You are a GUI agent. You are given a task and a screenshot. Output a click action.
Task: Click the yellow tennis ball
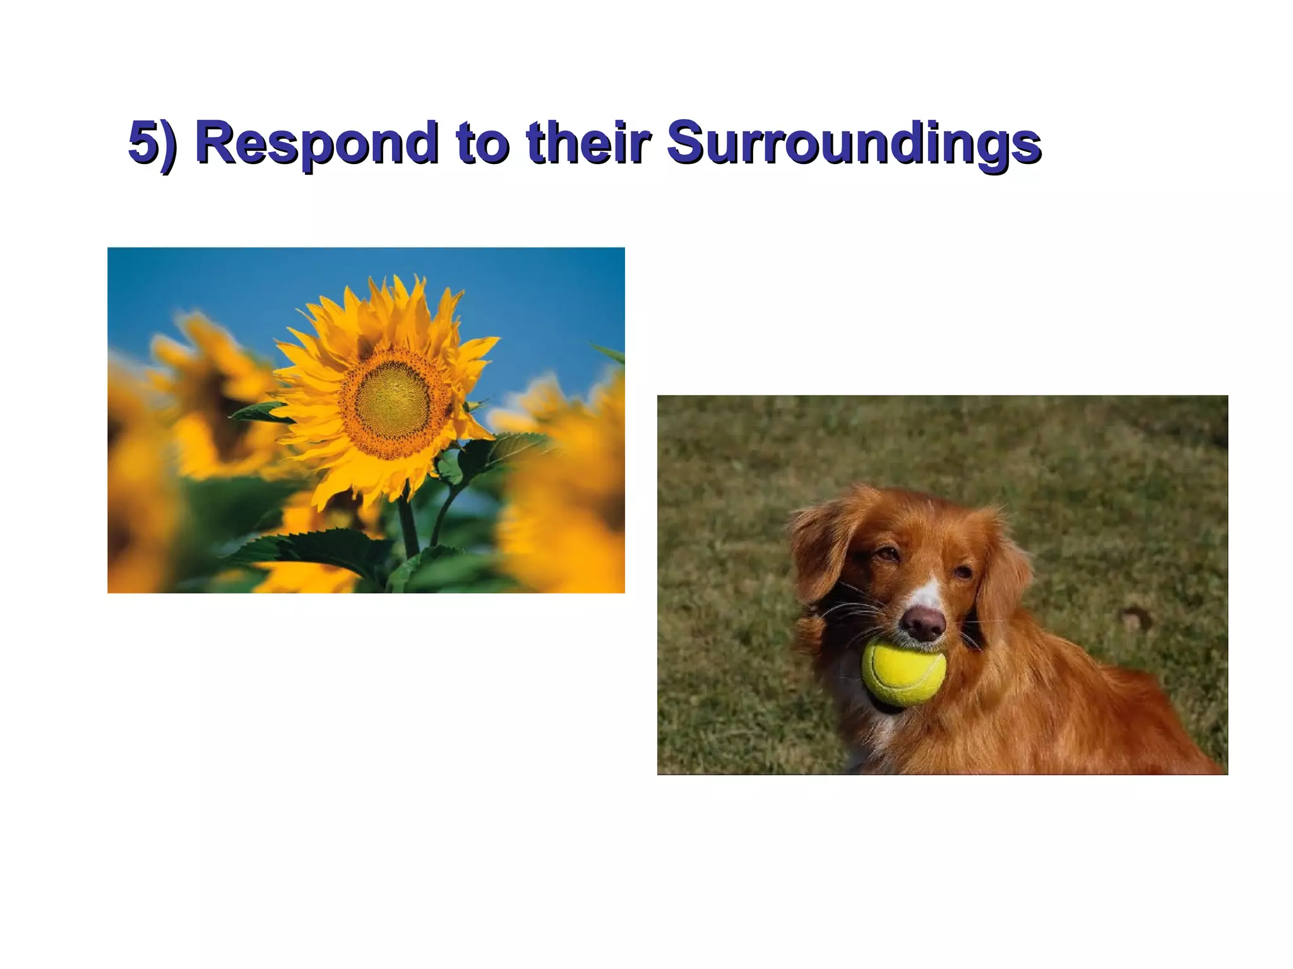tap(903, 672)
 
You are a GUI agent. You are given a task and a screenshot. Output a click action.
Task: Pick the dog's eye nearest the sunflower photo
tap(887, 554)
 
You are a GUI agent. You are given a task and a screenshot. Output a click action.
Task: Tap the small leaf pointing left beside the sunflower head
tap(259, 413)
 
